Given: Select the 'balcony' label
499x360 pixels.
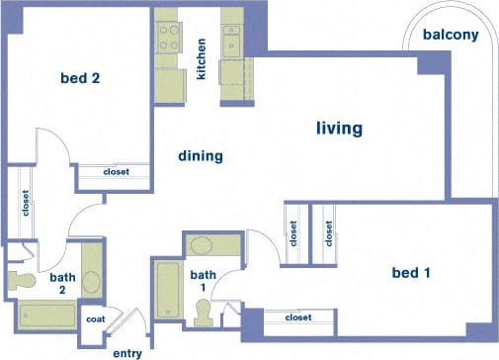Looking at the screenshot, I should point(451,36).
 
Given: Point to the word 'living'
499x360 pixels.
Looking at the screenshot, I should point(339,129).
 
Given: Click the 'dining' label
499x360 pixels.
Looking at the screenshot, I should point(200,156).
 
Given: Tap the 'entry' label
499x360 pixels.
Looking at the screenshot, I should point(128,352).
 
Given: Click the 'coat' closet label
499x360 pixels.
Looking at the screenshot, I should point(96,318).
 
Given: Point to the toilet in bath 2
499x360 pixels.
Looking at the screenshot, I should point(20,280).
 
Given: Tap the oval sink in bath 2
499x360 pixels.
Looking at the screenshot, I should point(91,280).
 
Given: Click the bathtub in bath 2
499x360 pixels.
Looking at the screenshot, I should point(47,317).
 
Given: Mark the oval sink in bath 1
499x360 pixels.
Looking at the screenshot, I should point(202,246).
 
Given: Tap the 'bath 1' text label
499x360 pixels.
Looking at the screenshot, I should point(203,281).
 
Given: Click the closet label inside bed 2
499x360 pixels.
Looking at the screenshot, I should point(116,171).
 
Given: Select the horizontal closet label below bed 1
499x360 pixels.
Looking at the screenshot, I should point(297,317).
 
